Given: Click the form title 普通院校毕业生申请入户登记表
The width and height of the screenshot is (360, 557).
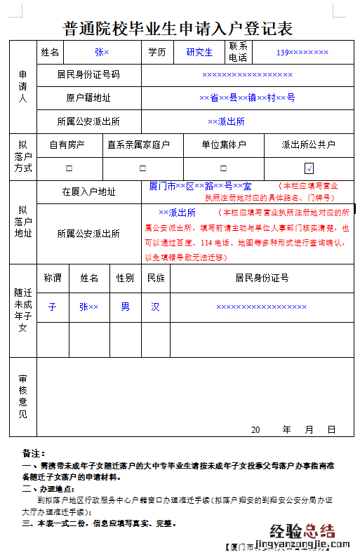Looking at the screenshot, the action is click(x=178, y=29).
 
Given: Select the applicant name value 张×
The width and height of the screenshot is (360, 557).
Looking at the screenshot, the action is click(x=102, y=52).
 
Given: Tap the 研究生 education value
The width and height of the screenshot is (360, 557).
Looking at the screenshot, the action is click(x=199, y=52).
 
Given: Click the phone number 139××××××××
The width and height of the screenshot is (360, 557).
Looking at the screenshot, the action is click(x=302, y=52).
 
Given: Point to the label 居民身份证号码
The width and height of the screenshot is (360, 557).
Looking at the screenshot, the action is click(x=88, y=74).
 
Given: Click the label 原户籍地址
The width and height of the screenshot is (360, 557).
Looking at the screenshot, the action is click(x=88, y=98).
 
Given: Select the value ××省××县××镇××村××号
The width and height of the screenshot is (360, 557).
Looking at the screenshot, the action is click(x=247, y=98).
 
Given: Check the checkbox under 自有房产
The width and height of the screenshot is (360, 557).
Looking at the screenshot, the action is click(x=69, y=168).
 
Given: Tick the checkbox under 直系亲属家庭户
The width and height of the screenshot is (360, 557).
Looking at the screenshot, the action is click(x=142, y=168).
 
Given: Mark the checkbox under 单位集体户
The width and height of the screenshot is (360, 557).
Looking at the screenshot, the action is click(x=223, y=168).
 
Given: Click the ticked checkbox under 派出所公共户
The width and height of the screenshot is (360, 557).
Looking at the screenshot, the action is click(x=309, y=168).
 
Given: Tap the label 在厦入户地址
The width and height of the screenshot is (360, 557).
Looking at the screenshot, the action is click(x=88, y=192).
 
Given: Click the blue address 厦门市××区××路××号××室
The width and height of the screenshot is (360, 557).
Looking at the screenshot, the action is click(x=200, y=186).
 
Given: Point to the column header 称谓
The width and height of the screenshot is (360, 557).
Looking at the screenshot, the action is click(x=53, y=278).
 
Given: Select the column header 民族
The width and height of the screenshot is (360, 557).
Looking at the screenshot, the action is click(x=155, y=278).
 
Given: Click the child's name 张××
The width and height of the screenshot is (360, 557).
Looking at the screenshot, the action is click(x=88, y=307).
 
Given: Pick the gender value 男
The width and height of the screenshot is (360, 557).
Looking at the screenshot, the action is click(x=125, y=307).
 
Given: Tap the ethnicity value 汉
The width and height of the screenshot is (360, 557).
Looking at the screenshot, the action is click(x=155, y=307).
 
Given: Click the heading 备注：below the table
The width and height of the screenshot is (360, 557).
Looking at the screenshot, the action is click(x=34, y=453).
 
